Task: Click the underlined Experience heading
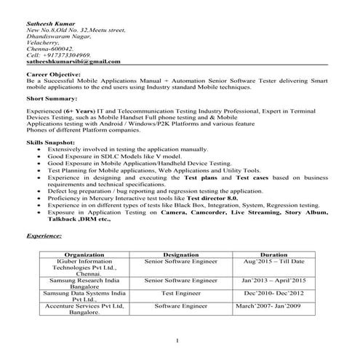(44, 236)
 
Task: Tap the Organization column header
(88, 255)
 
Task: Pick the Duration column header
(273, 255)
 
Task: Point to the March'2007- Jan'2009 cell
(273, 307)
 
